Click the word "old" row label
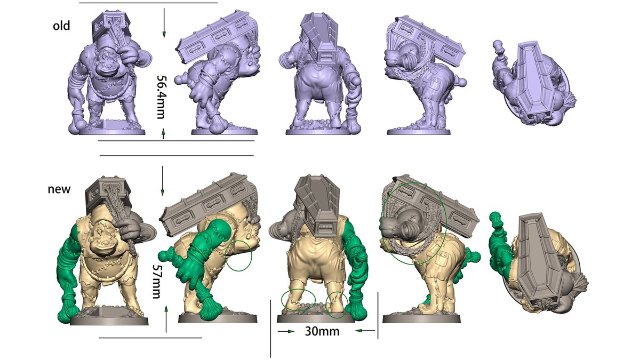point(61,26)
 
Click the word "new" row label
point(59,189)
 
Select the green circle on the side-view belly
point(238,255)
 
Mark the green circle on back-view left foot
point(298,300)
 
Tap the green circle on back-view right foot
point(337,305)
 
